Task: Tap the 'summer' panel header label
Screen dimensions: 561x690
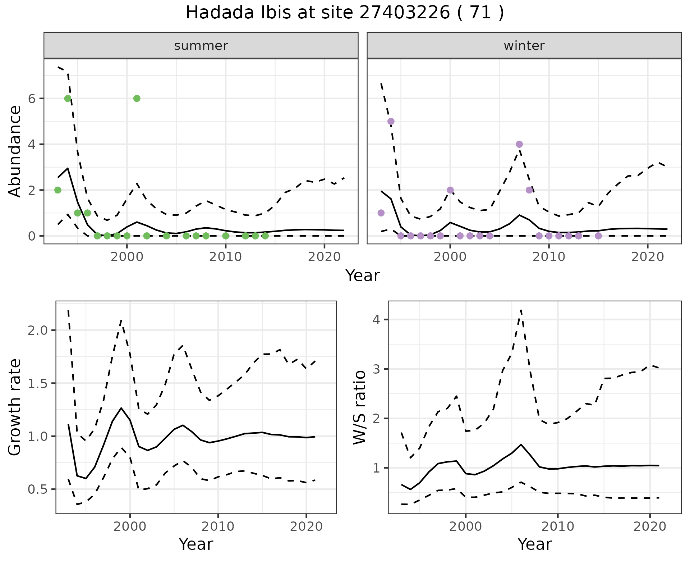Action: tap(201, 46)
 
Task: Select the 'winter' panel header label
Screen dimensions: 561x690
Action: tap(524, 46)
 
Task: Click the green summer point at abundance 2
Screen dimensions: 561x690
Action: tap(58, 190)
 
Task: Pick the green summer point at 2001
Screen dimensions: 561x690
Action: tap(137, 99)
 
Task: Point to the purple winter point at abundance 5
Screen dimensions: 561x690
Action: tap(391, 121)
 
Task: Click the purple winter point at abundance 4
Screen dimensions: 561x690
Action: tap(519, 144)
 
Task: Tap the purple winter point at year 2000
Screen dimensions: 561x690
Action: tap(450, 190)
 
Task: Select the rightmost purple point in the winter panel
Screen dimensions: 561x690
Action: tap(598, 236)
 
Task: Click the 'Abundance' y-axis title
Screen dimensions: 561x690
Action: tap(15, 151)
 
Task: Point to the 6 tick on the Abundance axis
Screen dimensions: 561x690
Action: tap(32, 99)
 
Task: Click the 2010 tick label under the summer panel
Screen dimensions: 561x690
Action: tap(226, 257)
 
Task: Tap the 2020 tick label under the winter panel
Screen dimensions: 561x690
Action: tap(648, 257)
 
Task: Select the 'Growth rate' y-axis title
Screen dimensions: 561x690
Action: tap(15, 407)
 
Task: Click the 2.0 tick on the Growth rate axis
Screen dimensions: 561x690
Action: tap(37, 330)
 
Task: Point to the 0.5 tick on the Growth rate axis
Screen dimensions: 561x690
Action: tap(37, 489)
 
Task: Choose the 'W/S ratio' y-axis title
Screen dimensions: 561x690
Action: tap(359, 407)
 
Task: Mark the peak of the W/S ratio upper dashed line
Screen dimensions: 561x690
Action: tap(521, 310)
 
